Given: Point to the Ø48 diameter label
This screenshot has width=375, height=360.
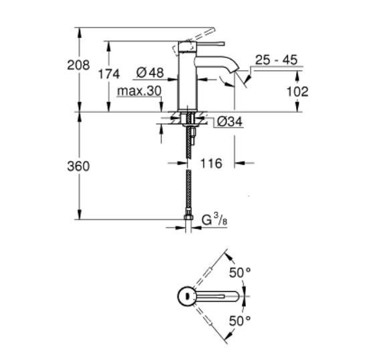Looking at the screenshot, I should pyautogui.click(x=149, y=72).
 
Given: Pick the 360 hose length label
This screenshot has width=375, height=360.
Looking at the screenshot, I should pyautogui.click(x=78, y=166).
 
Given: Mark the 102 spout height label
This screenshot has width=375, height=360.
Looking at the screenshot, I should pyautogui.click(x=297, y=91).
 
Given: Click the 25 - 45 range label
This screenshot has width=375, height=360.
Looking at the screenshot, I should pyautogui.click(x=275, y=60).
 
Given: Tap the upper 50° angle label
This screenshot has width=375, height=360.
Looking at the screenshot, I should pyautogui.click(x=240, y=273).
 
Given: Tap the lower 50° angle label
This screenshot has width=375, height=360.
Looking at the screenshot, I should pyautogui.click(x=240, y=321).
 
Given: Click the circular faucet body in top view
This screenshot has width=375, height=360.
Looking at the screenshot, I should pyautogui.click(x=185, y=296).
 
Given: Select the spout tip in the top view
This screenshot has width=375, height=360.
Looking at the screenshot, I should pyautogui.click(x=235, y=296).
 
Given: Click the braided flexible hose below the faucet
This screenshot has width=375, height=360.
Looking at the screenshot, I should pyautogui.click(x=190, y=190).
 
